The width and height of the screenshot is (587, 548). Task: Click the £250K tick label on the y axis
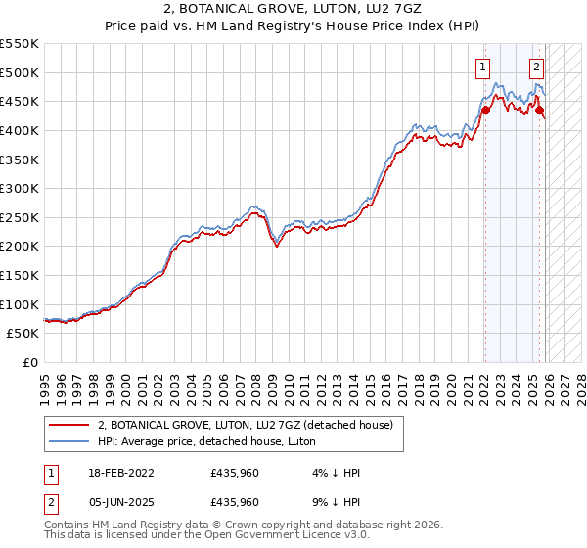tap(20, 217)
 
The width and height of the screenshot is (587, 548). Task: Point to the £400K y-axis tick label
tap(20, 130)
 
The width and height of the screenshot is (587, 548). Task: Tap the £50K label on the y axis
tap(23, 334)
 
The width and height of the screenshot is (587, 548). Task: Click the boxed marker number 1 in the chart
tap(483, 68)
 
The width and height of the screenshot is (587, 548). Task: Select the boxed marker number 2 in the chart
tap(537, 68)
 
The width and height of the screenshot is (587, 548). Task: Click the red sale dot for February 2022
tap(485, 110)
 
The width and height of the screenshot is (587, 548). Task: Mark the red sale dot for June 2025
tap(539, 110)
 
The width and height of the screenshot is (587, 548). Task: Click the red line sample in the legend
tap(69, 425)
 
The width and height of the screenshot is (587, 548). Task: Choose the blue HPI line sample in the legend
tap(69, 441)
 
